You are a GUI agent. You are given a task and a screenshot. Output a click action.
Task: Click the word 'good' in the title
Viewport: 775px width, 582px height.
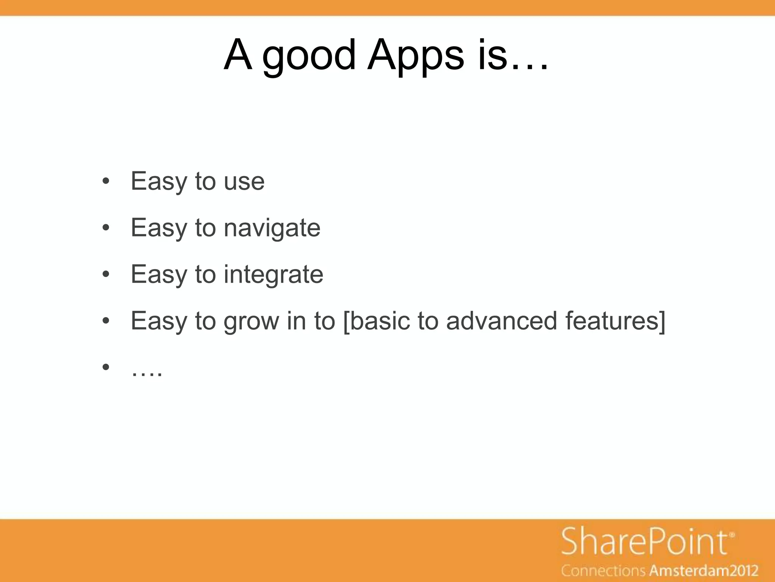click(308, 57)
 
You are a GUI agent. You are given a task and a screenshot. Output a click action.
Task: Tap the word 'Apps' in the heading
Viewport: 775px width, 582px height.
click(415, 57)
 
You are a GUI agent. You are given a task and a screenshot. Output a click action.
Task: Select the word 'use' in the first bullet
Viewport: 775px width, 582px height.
click(244, 181)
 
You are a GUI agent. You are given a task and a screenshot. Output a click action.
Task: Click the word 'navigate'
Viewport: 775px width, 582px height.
click(272, 228)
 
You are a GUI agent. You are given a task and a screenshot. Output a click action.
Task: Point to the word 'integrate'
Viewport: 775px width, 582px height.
click(273, 274)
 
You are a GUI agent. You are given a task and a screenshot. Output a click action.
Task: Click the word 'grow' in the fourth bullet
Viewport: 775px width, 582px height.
click(251, 321)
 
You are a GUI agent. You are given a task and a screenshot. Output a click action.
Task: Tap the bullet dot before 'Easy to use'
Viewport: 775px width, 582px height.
click(106, 181)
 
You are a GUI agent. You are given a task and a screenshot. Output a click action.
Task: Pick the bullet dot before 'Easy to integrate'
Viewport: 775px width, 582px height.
click(106, 274)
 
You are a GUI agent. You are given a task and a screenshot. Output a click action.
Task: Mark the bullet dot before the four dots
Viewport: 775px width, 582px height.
click(106, 367)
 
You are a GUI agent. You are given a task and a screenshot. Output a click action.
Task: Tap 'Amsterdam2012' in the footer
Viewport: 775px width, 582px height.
click(704, 571)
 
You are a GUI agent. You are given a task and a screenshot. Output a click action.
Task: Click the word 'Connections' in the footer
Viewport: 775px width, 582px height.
click(603, 571)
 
